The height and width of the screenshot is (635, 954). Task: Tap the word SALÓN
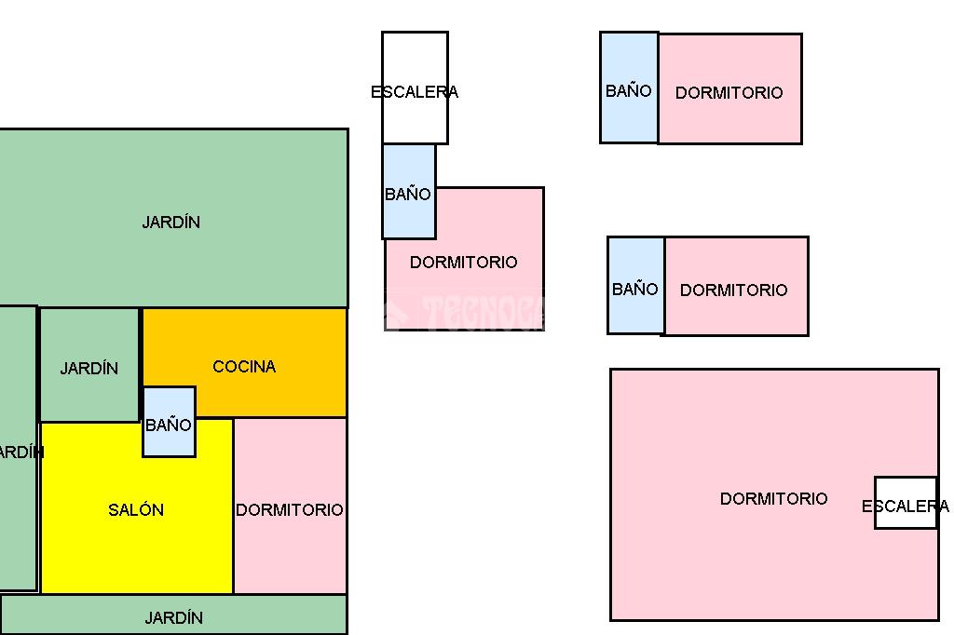[136, 510]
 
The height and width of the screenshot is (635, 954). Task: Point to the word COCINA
[244, 367]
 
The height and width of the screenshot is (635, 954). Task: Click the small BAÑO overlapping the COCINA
[169, 425]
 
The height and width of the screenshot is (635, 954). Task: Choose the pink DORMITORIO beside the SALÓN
[290, 549]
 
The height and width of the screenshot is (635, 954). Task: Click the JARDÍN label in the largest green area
[171, 223]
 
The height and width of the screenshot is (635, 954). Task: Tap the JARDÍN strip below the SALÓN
[173, 616]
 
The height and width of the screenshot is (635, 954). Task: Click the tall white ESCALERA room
[415, 65]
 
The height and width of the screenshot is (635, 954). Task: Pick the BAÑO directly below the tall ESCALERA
[408, 194]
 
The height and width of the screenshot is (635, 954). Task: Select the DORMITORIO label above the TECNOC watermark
[463, 263]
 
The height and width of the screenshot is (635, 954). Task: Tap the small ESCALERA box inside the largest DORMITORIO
[905, 504]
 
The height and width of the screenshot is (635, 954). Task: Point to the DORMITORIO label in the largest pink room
[773, 499]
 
